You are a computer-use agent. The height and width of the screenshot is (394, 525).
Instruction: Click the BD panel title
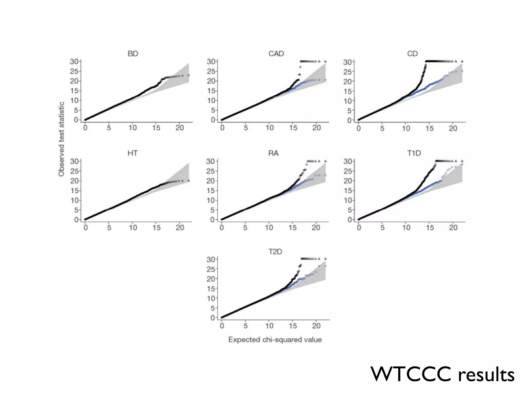pos(133,54)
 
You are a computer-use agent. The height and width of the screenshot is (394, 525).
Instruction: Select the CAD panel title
pos(276,54)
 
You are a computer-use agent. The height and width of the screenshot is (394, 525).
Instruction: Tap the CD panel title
pos(412,54)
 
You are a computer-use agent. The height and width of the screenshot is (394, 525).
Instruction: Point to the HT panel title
pos(133,153)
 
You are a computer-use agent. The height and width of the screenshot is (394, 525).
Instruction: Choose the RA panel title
pos(273,153)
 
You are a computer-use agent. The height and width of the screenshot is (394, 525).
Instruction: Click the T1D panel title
pos(414,153)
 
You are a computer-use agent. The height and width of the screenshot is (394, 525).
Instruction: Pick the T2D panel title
pos(275,252)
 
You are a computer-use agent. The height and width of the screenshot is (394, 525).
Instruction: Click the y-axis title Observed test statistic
pos(61,139)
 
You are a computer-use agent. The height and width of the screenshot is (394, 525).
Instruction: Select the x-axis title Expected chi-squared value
pos(275,340)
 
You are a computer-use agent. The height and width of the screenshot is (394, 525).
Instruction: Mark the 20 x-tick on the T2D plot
pos(316,326)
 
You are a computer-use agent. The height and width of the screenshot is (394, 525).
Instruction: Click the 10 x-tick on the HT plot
pos(133,228)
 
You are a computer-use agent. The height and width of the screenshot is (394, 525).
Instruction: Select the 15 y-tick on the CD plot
pos(347,91)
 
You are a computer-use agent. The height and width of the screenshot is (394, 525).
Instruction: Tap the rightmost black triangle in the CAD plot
pos(325,61)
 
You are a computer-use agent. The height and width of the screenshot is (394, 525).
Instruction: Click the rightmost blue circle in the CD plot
pos(462,71)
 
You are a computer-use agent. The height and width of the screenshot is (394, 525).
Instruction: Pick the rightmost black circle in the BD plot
pos(189,75)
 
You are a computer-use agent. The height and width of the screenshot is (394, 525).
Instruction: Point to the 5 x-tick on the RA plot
pos(245,228)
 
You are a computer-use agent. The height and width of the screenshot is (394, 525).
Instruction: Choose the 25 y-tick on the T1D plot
pos(347,171)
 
